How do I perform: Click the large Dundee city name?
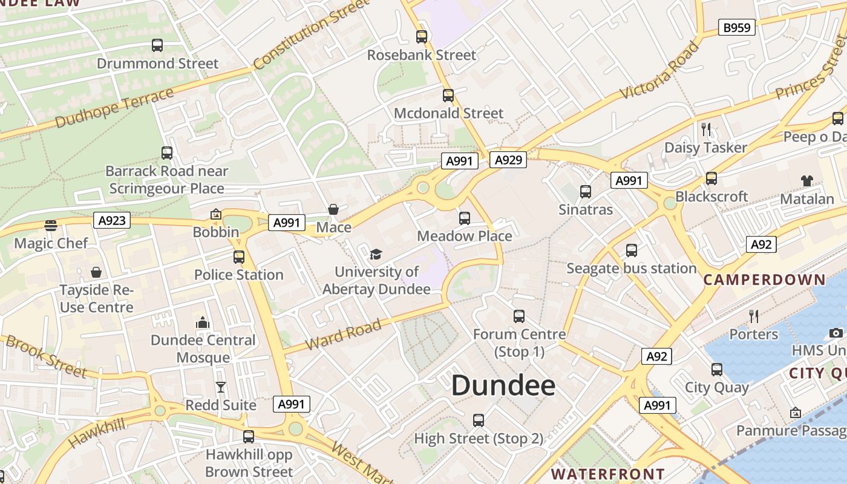[503, 385]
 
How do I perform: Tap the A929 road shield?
[508, 160]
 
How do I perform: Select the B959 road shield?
[737, 27]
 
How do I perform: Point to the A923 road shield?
[113, 220]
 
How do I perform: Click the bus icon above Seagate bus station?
[632, 250]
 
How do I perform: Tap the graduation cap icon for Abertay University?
[376, 254]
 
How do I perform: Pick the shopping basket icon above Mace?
[333, 209]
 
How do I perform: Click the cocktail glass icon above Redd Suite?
[221, 387]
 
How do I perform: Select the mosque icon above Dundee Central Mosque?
[203, 322]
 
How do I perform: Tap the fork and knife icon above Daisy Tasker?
[705, 129]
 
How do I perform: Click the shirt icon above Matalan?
[807, 180]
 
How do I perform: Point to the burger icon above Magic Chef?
[51, 226]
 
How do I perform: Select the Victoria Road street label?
[659, 70]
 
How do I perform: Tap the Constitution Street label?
[311, 35]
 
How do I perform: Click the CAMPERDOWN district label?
[764, 280]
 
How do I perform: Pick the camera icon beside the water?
[836, 333]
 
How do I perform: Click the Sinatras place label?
[586, 210]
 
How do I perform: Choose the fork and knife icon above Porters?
[754, 316]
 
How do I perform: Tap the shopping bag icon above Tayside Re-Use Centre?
[96, 272]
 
